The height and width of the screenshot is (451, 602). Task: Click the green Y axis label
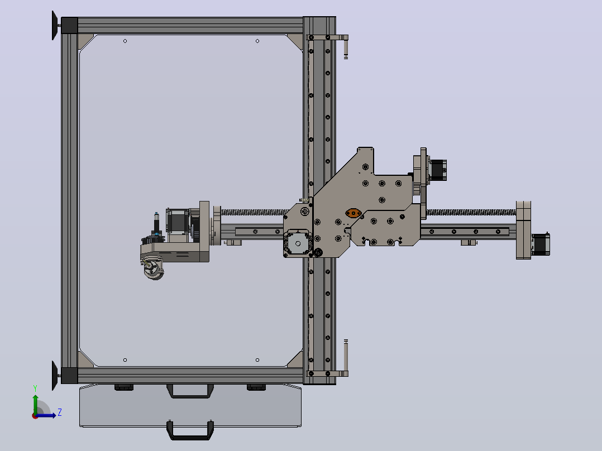[35, 388]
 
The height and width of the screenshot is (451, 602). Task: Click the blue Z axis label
[60, 412]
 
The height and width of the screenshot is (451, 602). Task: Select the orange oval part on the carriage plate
[353, 213]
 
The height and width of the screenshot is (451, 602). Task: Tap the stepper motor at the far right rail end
[541, 244]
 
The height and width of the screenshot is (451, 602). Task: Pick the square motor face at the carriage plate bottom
[298, 243]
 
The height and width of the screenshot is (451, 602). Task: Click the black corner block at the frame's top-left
[69, 25]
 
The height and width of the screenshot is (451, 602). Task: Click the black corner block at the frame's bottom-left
[69, 375]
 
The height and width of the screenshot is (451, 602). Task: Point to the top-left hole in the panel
[125, 41]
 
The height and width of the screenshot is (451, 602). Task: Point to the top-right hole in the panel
[257, 41]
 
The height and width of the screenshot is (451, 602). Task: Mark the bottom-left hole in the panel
[125, 360]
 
